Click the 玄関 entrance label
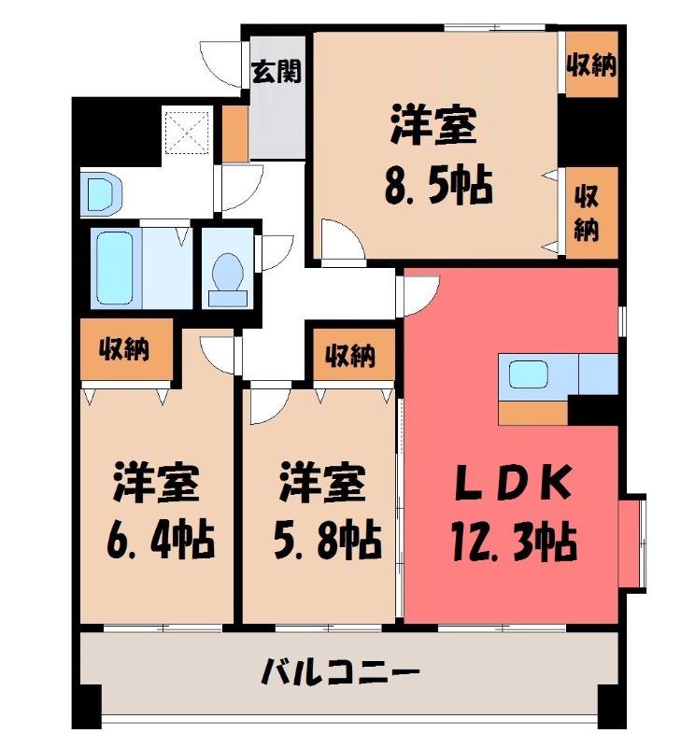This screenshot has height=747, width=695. click(276, 72)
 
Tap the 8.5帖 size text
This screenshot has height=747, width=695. click(437, 184)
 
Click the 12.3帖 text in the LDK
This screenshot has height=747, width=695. click(514, 543)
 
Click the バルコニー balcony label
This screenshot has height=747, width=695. click(341, 672)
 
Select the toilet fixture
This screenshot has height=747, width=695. click(228, 279)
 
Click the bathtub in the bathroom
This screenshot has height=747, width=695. click(114, 268)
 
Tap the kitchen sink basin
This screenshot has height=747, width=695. click(528, 374)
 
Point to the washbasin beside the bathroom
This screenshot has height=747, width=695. click(101, 194)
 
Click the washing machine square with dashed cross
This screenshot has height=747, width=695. click(186, 132)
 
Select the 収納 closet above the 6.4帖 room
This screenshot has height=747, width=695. click(126, 349)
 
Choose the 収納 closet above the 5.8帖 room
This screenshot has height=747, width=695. click(353, 355)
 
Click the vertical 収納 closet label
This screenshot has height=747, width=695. click(587, 214)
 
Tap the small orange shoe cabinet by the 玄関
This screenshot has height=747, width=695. click(235, 134)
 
